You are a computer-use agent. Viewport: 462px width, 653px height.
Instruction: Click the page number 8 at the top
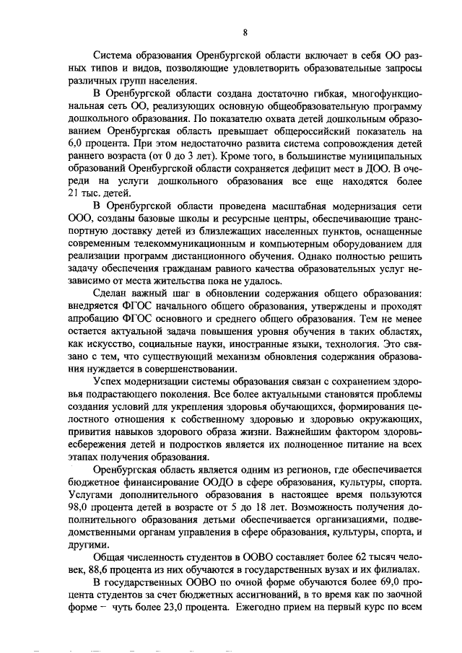245,32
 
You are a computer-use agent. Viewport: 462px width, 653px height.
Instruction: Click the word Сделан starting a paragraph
114,293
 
